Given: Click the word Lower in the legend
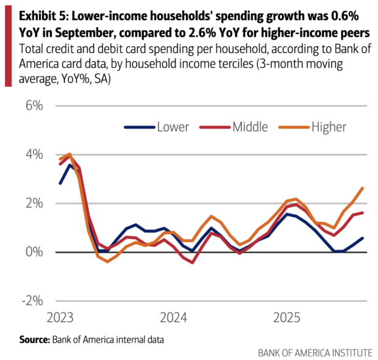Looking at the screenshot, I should click(x=173, y=127).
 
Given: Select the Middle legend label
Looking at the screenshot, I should click(x=249, y=127).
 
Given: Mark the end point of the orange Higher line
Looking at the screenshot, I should click(x=363, y=188).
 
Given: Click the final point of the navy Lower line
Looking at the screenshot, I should click(x=363, y=238).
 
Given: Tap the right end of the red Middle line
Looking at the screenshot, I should click(x=363, y=213).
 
